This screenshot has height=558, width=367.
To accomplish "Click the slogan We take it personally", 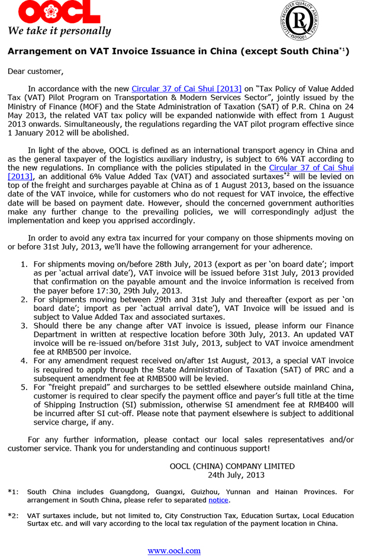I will [59, 31].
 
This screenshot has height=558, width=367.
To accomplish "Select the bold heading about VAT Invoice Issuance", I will [178, 52].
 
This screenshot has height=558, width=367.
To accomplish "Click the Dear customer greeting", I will [35, 72].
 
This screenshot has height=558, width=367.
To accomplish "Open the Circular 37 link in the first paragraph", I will [186, 88].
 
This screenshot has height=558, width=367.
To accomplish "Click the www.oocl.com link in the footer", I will [174, 550].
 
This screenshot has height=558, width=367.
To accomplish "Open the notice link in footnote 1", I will [218, 500].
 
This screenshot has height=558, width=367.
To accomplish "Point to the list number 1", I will [24, 265].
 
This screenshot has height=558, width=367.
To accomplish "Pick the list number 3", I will [24, 325].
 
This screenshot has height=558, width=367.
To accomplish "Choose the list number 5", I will [24, 387].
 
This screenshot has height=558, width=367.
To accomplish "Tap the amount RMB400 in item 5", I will [323, 405].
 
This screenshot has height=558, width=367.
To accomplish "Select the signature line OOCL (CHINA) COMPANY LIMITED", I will [232, 466].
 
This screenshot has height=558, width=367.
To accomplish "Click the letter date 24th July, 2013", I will [236, 475].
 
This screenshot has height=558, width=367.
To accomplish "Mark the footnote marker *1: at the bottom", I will [13, 492].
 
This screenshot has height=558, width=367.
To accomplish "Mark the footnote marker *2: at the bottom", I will [13, 516].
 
